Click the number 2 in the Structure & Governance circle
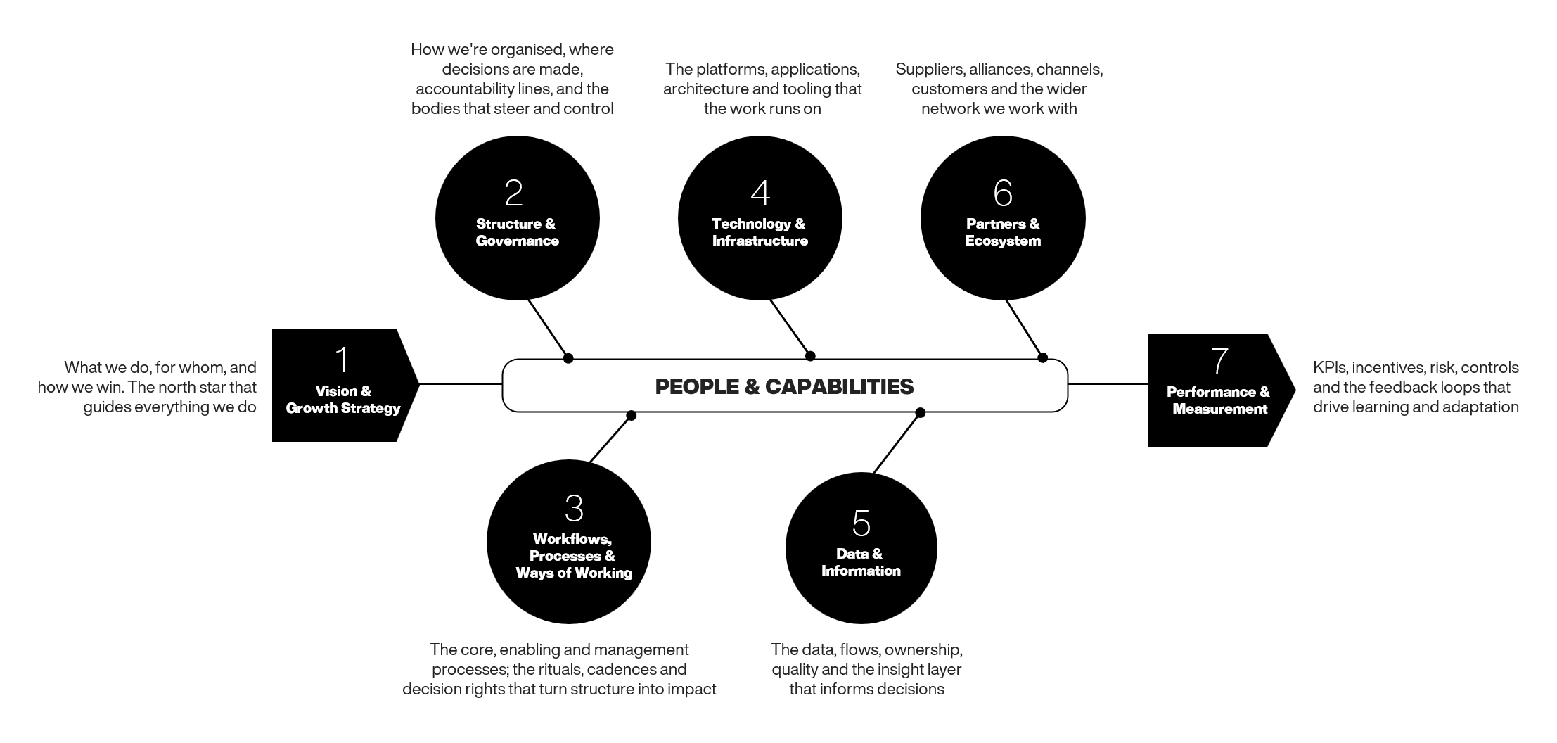point(514,193)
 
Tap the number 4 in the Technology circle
point(760,193)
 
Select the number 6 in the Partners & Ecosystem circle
point(1003,193)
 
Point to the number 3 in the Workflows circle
point(574,508)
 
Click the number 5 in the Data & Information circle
point(861,523)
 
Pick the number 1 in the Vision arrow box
point(342,360)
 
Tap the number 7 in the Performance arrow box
point(1220,360)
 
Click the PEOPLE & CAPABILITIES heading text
point(784,386)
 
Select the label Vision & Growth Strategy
point(343,400)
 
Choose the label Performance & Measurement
point(1219,400)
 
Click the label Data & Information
point(861,562)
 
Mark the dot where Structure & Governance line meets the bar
point(568,358)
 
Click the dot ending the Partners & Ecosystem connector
point(1043,357)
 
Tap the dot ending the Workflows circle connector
point(631,416)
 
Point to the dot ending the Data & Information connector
point(920,413)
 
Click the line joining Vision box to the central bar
point(461,384)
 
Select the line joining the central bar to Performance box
point(1108,384)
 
